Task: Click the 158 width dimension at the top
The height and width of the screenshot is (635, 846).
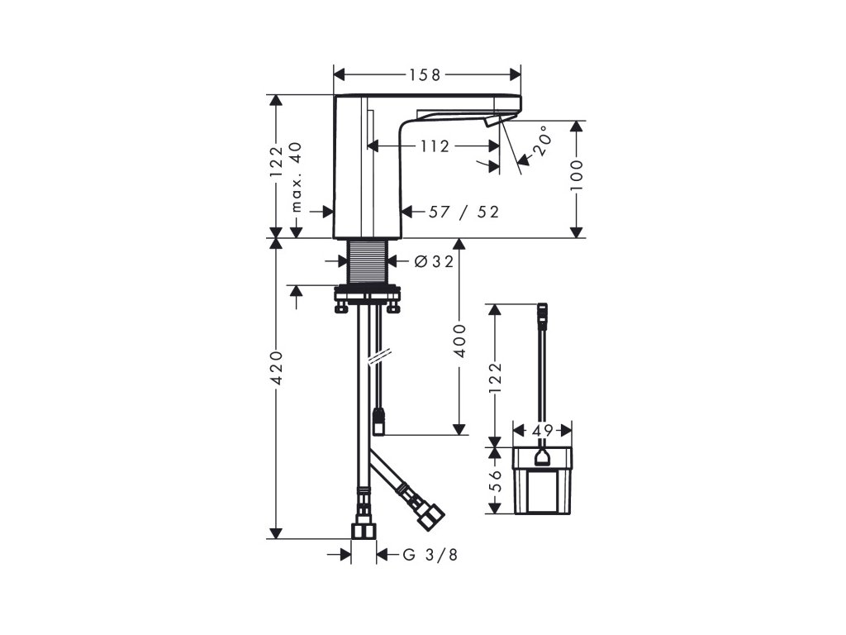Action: pyautogui.click(x=425, y=75)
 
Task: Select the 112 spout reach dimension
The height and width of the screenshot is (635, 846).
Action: pyautogui.click(x=435, y=146)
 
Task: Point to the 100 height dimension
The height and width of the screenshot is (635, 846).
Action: pyautogui.click(x=577, y=174)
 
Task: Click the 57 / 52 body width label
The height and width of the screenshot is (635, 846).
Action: pyautogui.click(x=464, y=212)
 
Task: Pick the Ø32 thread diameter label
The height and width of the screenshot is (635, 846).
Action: pyautogui.click(x=435, y=261)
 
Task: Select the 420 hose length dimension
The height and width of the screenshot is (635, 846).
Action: pyautogui.click(x=276, y=368)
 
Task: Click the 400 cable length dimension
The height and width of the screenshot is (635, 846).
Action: pyautogui.click(x=459, y=341)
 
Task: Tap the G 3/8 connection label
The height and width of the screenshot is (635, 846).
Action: pyautogui.click(x=430, y=555)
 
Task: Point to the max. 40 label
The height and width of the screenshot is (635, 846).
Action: pyautogui.click(x=297, y=177)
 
